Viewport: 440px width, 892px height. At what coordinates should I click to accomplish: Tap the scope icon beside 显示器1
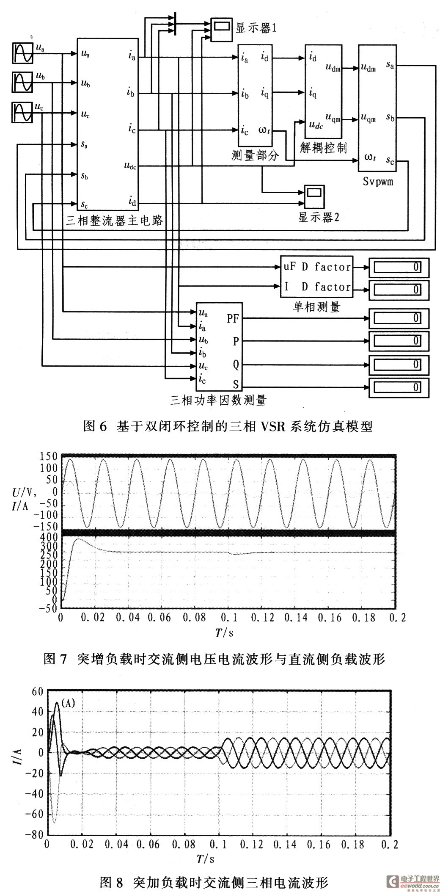[x=221, y=29]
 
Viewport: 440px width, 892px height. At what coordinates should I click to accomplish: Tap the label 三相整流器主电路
[x=115, y=221]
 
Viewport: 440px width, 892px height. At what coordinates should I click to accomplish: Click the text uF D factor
[x=317, y=267]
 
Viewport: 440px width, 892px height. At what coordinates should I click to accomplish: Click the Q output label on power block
[x=236, y=365]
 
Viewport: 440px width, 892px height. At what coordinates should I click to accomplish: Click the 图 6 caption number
[x=94, y=426]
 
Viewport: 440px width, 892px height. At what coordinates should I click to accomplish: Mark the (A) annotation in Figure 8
[x=68, y=703]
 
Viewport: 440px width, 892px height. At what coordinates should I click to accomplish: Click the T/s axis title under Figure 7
[x=224, y=632]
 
